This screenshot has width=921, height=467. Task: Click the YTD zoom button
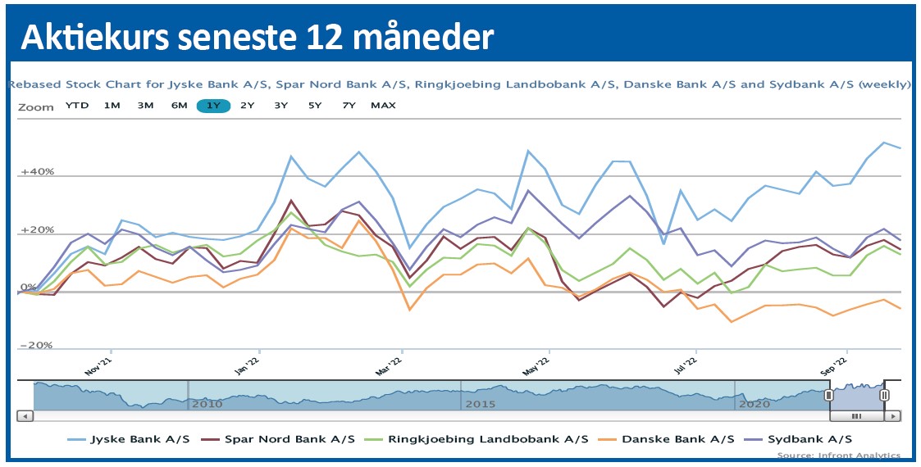tap(77, 106)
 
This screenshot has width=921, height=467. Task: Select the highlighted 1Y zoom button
tap(213, 106)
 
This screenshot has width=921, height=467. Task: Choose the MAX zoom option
tap(383, 106)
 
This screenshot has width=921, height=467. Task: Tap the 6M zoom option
tap(179, 106)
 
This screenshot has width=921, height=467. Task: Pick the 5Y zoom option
tap(315, 106)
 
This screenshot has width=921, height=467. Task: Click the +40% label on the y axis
tap(38, 172)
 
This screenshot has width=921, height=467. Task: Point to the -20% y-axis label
tap(36, 346)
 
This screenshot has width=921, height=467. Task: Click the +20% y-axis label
tap(38, 230)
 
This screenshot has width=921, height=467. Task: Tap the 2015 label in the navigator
tap(481, 404)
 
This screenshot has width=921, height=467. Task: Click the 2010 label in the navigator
tap(207, 404)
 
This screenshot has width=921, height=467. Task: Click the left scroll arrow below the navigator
tap(25, 416)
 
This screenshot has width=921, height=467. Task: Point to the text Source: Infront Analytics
tap(838, 456)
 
